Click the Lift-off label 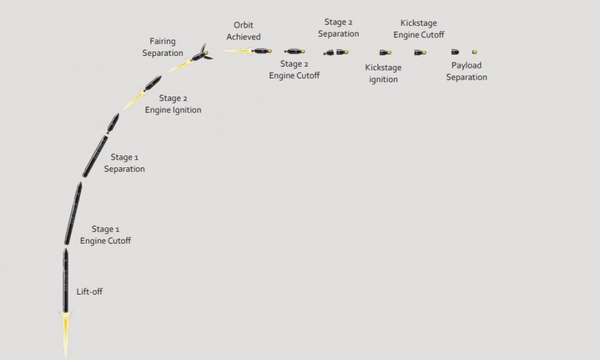click(89, 292)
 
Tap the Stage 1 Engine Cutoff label click(106, 235)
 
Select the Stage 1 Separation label click(124, 163)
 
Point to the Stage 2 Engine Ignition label click(173, 104)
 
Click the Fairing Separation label click(163, 47)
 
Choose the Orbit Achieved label click(244, 31)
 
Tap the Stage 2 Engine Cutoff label click(294, 70)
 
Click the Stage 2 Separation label click(338, 28)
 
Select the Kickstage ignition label click(383, 73)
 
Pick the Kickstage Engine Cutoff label click(419, 29)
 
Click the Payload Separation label click(466, 71)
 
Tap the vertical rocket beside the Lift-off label click(65, 280)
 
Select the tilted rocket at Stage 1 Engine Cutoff click(73, 213)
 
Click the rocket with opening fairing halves click(201, 53)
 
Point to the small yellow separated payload click(475, 52)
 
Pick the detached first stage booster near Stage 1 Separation click(95, 156)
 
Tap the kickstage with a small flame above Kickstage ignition click(384, 52)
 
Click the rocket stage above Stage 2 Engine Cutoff click(295, 51)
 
